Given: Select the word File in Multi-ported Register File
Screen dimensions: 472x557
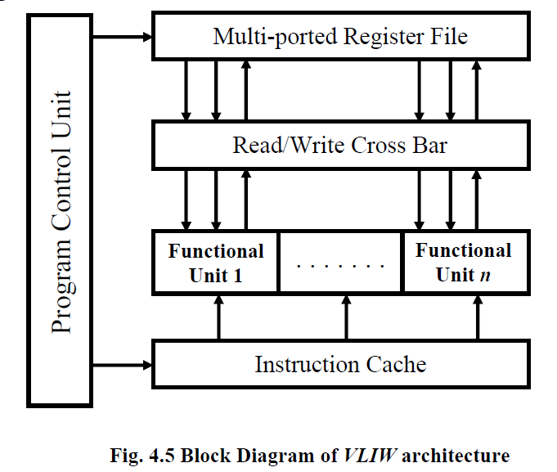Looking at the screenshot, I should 448,37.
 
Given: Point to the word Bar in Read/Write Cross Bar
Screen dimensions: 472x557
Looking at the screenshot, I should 430,146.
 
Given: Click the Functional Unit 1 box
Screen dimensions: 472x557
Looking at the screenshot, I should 216,263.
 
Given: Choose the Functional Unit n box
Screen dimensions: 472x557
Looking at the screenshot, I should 463,263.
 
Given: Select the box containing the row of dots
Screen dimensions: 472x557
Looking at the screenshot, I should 340,263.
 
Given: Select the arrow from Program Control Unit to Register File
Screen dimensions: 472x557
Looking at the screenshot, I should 124,36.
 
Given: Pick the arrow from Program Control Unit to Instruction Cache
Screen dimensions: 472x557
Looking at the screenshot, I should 124,363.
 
